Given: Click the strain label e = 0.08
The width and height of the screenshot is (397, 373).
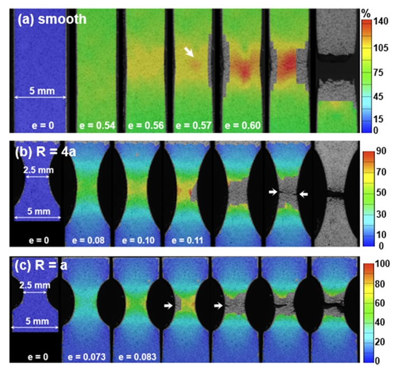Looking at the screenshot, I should (86, 241).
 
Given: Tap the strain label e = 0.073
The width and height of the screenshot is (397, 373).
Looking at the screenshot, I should (86, 356).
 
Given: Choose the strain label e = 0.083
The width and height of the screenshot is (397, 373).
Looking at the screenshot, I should (135, 356).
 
